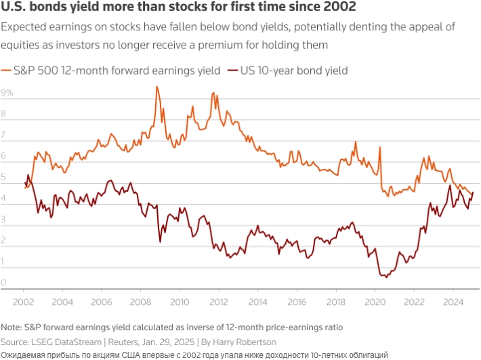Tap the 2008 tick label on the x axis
coord(140,301)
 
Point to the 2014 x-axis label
coord(257,301)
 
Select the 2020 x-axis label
coord(374,301)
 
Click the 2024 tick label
coord(453,301)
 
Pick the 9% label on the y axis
coord(7,92)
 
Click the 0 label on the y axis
coord(4,283)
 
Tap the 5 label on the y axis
coord(4,178)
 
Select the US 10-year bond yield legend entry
coord(289,70)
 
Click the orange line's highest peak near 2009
coord(157,86)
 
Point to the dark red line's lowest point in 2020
coord(384,277)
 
